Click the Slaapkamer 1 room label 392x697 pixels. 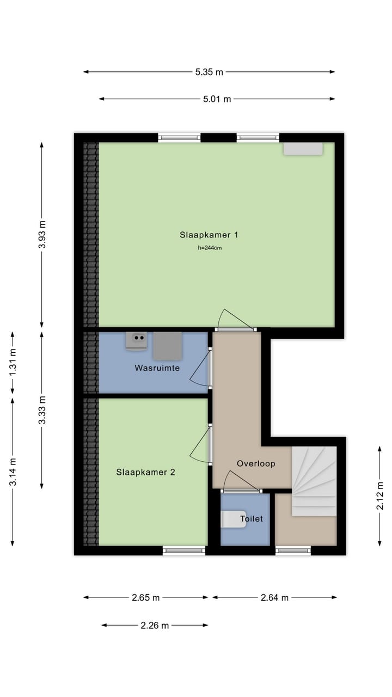[209, 235]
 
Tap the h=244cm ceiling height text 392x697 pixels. [210, 248]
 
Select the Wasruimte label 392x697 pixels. [157, 368]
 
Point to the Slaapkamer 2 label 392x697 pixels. [145, 472]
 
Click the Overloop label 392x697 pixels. [256, 463]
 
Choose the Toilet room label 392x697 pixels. [252, 519]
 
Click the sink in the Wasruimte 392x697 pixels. [136, 340]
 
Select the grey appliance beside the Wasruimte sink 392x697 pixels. [167, 346]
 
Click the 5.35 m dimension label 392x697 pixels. [209, 72]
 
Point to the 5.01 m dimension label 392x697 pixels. [217, 99]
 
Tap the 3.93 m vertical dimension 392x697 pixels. [42, 234]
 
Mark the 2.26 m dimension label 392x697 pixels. [155, 625]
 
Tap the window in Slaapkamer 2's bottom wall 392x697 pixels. [184, 551]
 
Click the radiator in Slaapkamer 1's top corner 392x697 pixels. [303, 149]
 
